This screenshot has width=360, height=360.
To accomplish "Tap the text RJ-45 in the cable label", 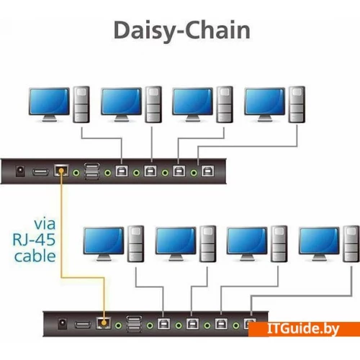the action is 34,239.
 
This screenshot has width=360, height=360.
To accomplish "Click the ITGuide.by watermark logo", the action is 304,329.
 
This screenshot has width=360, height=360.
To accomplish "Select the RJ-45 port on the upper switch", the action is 61,171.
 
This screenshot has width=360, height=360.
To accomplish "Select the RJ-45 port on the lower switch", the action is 104,323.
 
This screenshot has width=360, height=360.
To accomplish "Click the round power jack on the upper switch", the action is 20,171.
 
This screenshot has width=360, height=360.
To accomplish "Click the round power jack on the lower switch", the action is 63,324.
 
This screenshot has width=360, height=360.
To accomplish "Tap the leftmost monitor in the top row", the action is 50,104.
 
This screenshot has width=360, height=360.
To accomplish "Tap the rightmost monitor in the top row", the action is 265,104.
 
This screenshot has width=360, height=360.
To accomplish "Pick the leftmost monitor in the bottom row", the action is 104,243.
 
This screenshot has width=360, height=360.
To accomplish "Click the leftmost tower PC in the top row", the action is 81,104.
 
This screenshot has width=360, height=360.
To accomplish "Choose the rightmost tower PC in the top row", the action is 297,104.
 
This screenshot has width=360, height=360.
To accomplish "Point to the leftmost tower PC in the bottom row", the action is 136,243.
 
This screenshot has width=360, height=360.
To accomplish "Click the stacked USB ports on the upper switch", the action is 91,171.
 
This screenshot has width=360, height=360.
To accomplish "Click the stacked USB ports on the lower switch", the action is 134,324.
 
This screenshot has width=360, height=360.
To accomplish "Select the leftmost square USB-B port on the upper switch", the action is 122,171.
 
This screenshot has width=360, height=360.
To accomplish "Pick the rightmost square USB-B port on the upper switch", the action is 207,171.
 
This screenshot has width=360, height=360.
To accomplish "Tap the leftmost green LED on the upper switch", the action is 76,173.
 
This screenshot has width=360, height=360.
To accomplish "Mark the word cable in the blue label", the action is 35,256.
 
